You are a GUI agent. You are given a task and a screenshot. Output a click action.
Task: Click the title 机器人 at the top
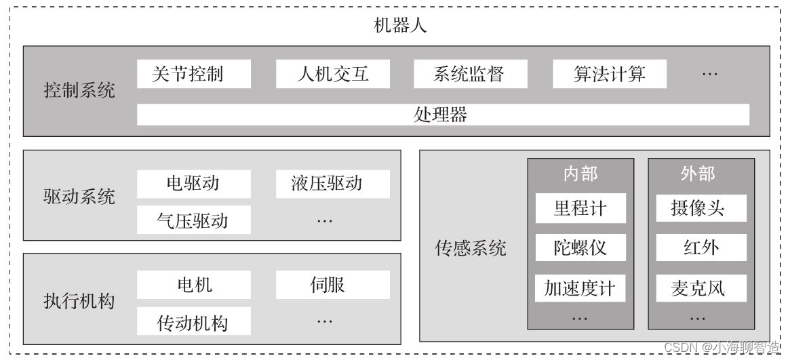pos(400,26)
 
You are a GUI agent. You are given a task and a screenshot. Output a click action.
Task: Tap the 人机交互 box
pos(332,74)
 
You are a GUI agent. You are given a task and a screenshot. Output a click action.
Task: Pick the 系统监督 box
pos(470,74)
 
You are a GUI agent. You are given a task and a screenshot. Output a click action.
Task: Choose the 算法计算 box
pos(609,74)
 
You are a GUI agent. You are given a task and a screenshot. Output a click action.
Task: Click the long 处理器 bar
pos(442,115)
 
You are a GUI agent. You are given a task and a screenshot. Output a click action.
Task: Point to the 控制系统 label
pos(79,91)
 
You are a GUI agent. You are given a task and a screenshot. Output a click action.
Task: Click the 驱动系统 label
pos(79,197)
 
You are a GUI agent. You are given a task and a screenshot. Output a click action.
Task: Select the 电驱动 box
pos(193,184)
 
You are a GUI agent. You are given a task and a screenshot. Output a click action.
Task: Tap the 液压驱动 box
pos(332,184)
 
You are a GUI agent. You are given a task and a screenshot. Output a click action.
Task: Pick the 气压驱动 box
pos(193,220)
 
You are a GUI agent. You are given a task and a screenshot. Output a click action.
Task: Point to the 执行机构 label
pos(79,301)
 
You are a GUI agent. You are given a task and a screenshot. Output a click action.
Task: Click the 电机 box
pos(193,285)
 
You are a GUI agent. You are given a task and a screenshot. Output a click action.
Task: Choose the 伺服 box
pos(332,285)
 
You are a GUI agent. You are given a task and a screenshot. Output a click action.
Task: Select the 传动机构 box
pos(193,321)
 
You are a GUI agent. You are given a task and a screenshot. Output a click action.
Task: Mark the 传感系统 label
pos(471,248)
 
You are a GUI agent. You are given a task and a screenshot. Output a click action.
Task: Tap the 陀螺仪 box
pos(580,248)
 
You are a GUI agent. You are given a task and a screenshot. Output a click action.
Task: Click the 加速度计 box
pos(580,288)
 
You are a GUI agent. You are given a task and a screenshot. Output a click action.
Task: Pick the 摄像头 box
pos(700,208)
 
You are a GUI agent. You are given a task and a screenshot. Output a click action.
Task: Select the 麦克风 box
pos(700,288)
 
